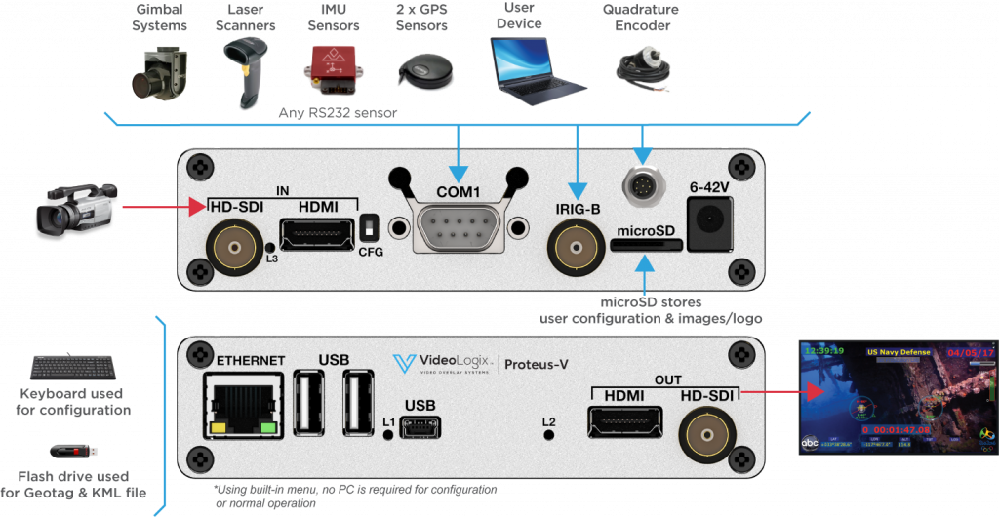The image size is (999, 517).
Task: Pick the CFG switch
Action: coord(370,227)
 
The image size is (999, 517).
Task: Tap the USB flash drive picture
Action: coord(75,452)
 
